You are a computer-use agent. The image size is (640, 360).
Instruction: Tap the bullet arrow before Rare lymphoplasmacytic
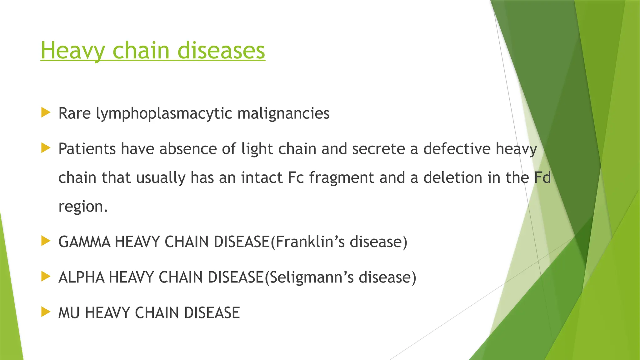(46, 112)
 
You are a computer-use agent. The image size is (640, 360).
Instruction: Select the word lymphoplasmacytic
(164, 114)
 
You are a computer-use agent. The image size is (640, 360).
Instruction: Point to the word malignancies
(283, 114)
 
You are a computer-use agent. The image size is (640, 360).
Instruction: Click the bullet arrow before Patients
(46, 148)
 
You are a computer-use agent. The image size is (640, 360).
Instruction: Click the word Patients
(87, 149)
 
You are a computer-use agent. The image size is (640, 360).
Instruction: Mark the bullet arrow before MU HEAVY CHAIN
(46, 312)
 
